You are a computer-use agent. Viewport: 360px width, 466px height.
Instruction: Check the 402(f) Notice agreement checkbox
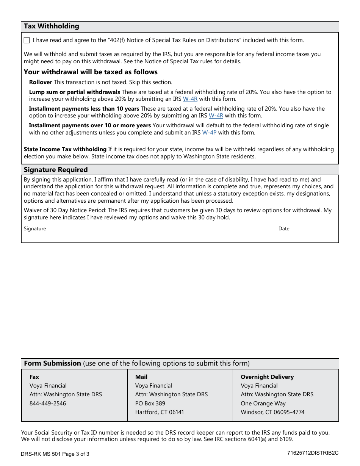pyautogui.click(x=27, y=41)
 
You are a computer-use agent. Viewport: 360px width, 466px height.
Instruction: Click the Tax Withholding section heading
pyautogui.click(x=52, y=26)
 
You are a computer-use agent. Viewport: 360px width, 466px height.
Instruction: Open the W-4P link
pyautogui.click(x=209, y=133)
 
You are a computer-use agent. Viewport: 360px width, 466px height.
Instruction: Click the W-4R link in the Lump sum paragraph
pyautogui.click(x=190, y=99)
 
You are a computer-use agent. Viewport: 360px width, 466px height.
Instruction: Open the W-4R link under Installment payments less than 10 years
pyautogui.click(x=216, y=116)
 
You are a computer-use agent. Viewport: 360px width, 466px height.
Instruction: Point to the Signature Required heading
pyautogui.click(x=56, y=170)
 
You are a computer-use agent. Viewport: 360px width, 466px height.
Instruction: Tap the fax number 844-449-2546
pyautogui.click(x=48, y=403)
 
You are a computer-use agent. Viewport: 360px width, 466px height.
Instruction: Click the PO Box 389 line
pyautogui.click(x=150, y=403)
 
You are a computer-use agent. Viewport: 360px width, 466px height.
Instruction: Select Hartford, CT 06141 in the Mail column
pyautogui.click(x=160, y=412)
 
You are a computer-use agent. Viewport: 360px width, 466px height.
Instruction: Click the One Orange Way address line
pyautogui.click(x=263, y=403)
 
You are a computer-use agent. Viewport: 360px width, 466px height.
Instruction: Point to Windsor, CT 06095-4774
pyautogui.click(x=272, y=412)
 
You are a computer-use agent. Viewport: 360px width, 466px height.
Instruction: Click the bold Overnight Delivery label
pyautogui.click(x=267, y=377)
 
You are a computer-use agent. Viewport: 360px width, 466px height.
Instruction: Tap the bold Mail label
pyautogui.click(x=141, y=377)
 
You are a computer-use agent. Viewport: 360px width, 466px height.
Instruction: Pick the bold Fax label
pyautogui.click(x=34, y=377)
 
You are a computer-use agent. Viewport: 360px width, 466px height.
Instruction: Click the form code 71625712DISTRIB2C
pyautogui.click(x=313, y=453)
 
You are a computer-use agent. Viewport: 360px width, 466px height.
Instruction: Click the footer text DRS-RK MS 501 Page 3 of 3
pyautogui.click(x=55, y=454)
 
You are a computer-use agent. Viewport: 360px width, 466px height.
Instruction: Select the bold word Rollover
pyautogui.click(x=41, y=82)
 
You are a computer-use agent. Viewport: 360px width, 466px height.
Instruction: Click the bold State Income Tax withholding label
pyautogui.click(x=65, y=149)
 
